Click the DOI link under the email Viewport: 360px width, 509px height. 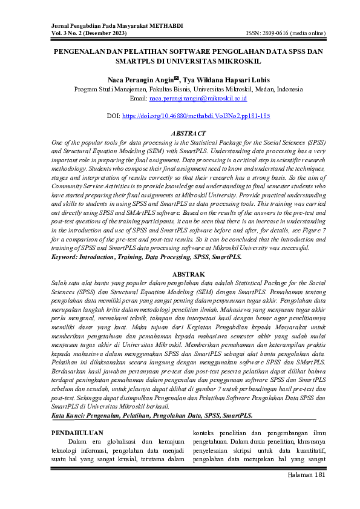(x=196, y=115)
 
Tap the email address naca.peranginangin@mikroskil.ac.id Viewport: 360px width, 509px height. (x=197, y=97)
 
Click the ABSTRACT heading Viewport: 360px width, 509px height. (x=188, y=133)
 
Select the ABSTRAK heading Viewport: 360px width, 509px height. (x=188, y=274)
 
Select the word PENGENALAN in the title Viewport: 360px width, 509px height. (x=83, y=52)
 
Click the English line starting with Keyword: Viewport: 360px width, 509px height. (x=146, y=257)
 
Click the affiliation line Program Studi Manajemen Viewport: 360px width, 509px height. (x=188, y=89)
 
